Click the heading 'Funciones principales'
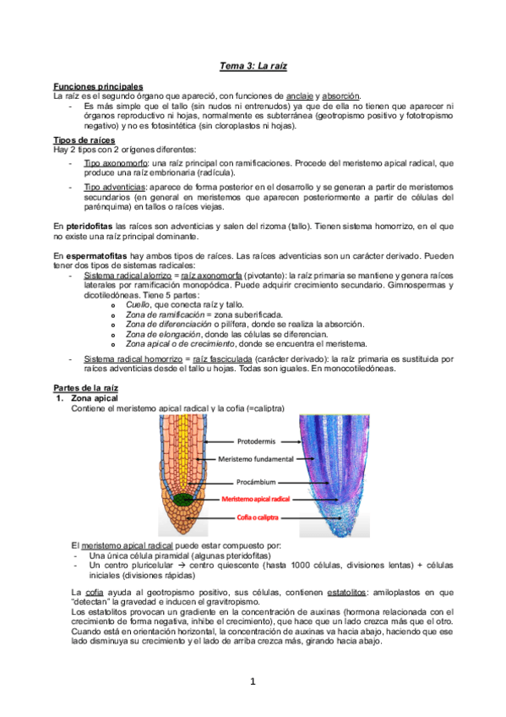[98, 86]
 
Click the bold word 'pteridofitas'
[91, 227]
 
